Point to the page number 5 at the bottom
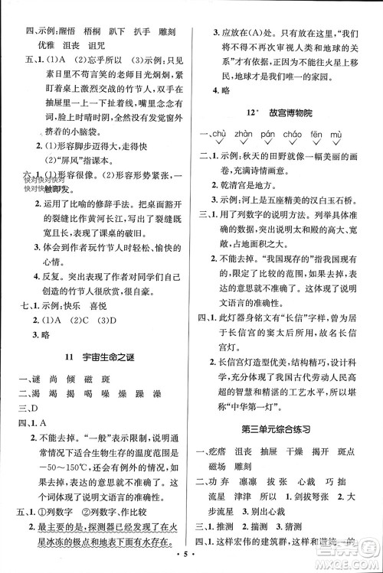click(x=191, y=562)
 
